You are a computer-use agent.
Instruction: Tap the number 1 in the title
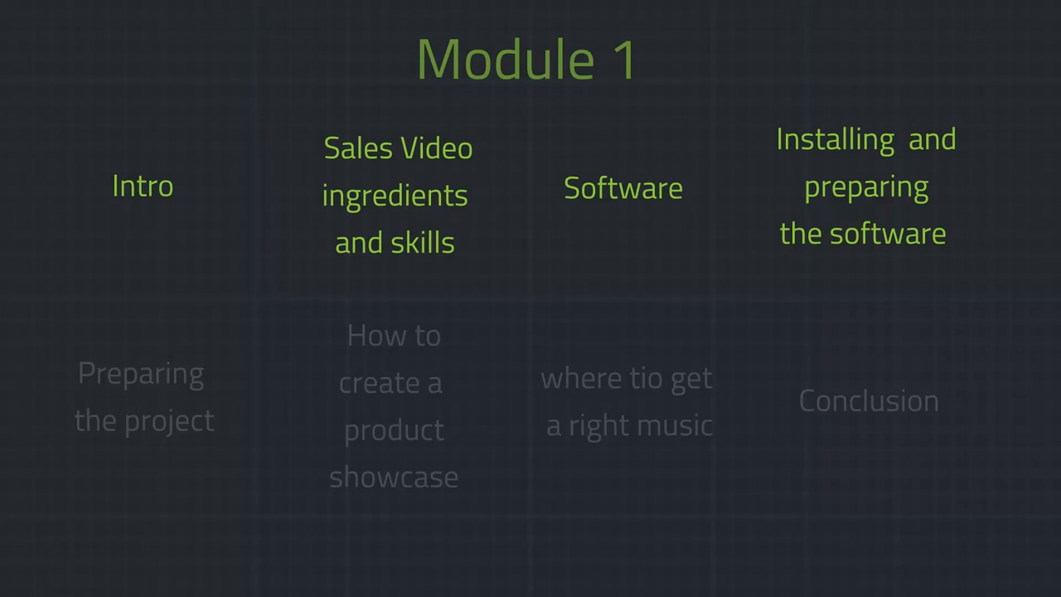[624, 60]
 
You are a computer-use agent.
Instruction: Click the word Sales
[359, 148]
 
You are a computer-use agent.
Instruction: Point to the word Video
[437, 148]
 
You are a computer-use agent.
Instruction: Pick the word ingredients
[395, 197]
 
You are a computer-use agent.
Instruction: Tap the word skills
[423, 242]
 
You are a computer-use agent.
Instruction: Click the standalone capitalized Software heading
[623, 187]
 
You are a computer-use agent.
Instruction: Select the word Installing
[836, 141]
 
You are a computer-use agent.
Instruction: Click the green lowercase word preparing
[866, 188]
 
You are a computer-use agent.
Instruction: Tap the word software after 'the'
[888, 234]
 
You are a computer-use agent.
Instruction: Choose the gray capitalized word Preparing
[141, 374]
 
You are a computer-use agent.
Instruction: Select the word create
[380, 383]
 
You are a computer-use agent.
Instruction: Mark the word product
[394, 431]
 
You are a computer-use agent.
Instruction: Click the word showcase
[394, 477]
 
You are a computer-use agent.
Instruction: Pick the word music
[675, 425]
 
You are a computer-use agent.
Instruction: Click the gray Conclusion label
[869, 400]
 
